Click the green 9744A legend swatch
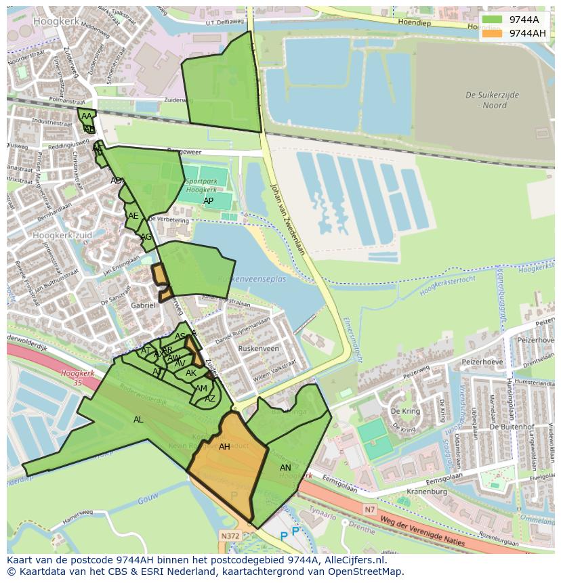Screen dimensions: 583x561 pos(492,20)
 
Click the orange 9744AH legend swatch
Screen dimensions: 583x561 pos(492,33)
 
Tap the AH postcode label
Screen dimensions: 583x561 pos(224,447)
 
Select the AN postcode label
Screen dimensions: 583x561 pos(285,468)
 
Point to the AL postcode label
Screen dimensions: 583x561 pos(138,420)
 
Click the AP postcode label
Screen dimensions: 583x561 pos(208,201)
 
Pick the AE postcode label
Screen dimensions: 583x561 pos(133,216)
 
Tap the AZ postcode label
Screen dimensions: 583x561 pos(210,399)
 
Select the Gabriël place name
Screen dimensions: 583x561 pos(143,305)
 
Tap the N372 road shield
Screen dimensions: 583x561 pos(229,536)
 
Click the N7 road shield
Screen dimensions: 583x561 pos(369,509)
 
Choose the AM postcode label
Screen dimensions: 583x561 pos(201,389)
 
